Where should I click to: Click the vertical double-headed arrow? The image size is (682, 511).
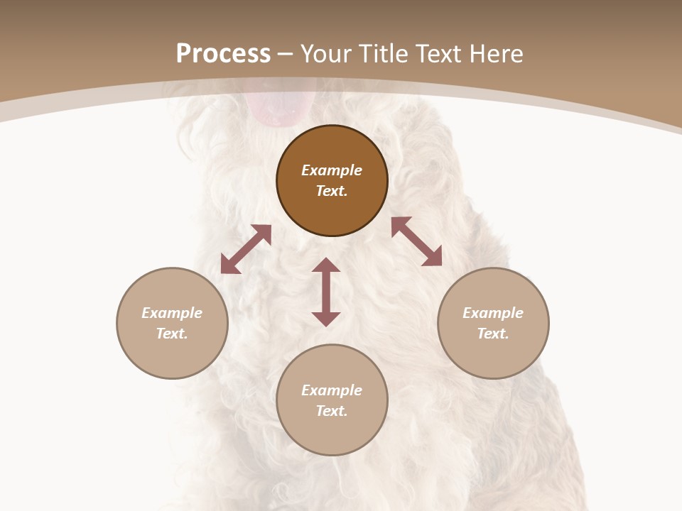point(326,292)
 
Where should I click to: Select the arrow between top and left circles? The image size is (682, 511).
point(246,249)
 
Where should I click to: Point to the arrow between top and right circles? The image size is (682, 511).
point(417,241)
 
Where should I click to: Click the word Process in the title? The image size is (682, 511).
point(223,53)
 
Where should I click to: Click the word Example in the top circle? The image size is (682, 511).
point(332,170)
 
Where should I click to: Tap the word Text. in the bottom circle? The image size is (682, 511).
point(332,411)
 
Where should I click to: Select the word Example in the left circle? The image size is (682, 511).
point(172,313)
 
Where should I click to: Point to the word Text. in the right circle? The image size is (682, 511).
point(493,334)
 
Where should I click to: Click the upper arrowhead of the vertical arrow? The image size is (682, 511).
point(326,265)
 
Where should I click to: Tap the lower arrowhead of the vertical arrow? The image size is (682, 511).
point(326,319)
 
